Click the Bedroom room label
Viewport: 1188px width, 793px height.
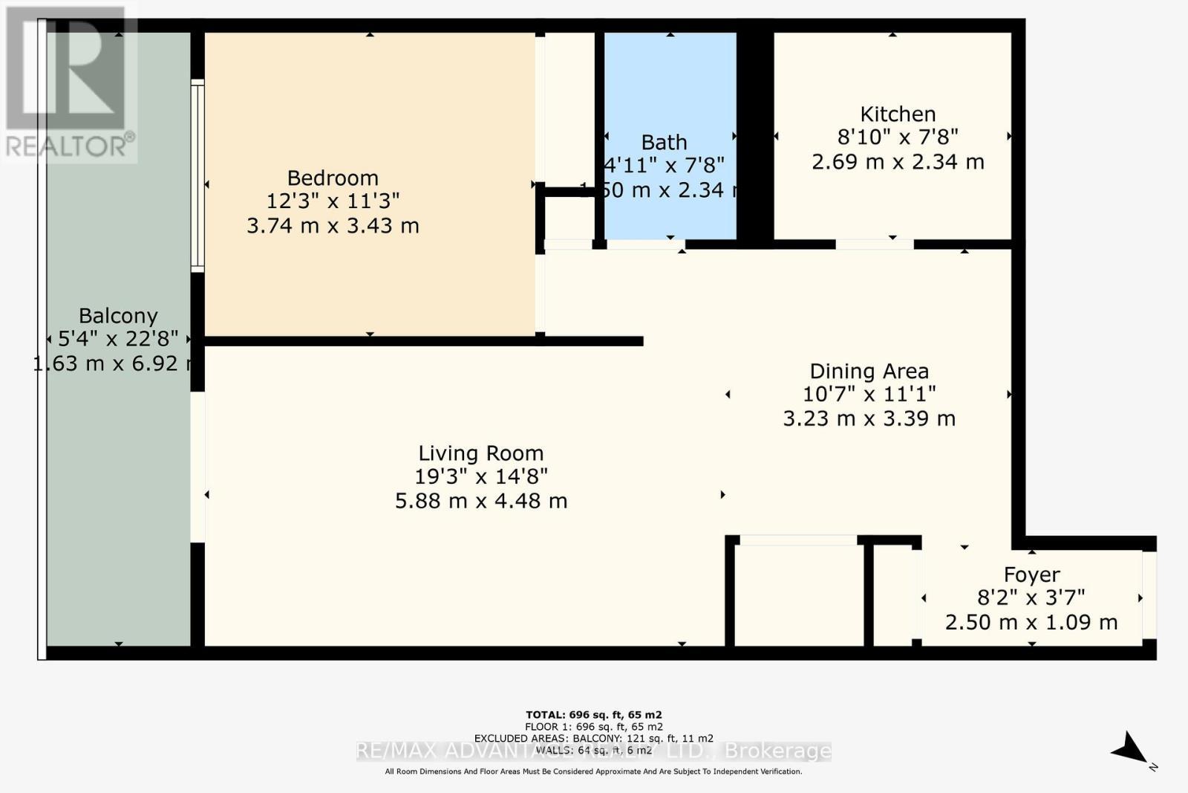tap(333, 178)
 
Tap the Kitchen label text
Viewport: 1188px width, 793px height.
tap(898, 114)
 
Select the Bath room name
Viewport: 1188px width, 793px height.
tap(664, 142)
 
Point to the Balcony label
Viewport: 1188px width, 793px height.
tap(118, 316)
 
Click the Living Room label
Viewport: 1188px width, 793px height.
tap(480, 453)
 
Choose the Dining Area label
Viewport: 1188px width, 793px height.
tap(869, 371)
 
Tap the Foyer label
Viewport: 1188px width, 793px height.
tap(1031, 574)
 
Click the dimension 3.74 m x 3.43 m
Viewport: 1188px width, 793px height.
tap(333, 225)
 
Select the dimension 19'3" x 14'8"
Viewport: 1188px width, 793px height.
tap(480, 476)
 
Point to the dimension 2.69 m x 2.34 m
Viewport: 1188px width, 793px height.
tap(898, 161)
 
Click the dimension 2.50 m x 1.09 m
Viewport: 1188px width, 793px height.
tap(1031, 622)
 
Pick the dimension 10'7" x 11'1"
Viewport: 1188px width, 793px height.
tap(869, 394)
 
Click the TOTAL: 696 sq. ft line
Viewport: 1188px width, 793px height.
tap(593, 715)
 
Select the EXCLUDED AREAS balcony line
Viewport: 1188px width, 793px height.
tap(593, 738)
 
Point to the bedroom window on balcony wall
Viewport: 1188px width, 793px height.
tap(198, 176)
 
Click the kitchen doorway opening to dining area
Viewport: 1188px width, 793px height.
tap(874, 244)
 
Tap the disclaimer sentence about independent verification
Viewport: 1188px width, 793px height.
tap(593, 771)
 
